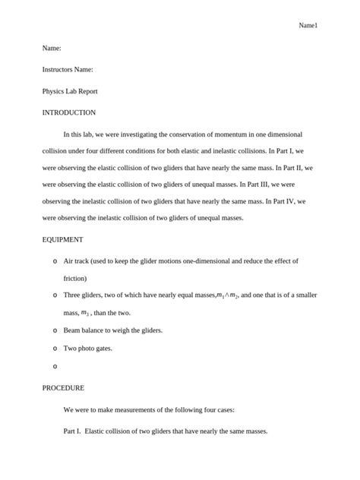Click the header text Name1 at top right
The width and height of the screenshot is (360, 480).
pyautogui.click(x=308, y=26)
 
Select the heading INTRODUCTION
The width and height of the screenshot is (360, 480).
pyautogui.click(x=68, y=112)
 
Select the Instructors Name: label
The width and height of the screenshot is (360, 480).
pyautogui.click(x=68, y=69)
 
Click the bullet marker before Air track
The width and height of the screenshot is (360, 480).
pyautogui.click(x=55, y=261)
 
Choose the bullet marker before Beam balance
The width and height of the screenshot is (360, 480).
pyautogui.click(x=55, y=331)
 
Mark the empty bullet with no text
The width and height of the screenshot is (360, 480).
pyautogui.click(x=55, y=366)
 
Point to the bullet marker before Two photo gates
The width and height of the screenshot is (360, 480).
pyautogui.click(x=55, y=349)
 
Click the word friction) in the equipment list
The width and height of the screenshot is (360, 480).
pyautogui.click(x=75, y=278)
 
